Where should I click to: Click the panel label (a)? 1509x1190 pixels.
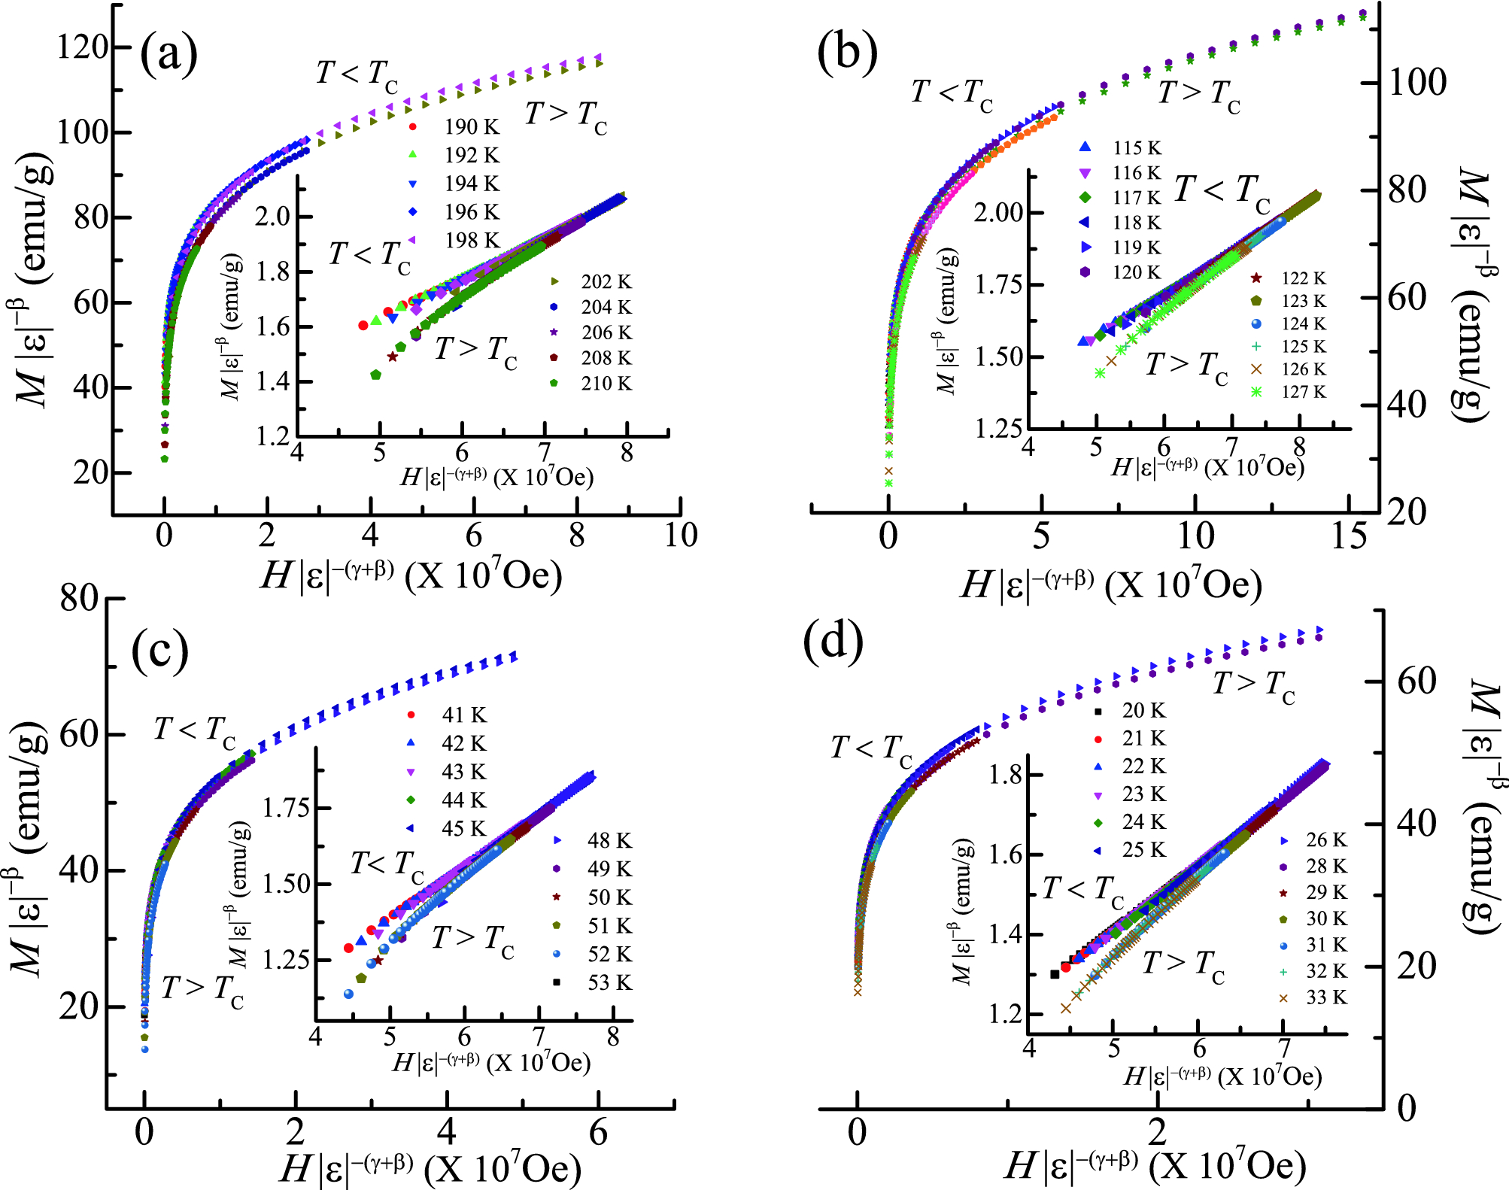click(169, 54)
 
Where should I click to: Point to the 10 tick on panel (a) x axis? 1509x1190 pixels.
click(680, 536)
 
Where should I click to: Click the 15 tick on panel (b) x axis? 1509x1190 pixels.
click(1348, 537)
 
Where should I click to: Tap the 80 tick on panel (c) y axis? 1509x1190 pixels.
click(79, 599)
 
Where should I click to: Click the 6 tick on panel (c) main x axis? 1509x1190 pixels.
click(598, 1133)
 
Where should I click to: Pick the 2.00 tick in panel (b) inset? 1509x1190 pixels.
click(998, 213)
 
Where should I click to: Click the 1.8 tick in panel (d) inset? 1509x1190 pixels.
click(1005, 775)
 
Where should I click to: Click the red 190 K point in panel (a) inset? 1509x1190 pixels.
click(363, 325)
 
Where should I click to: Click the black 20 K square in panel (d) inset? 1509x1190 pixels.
click(1055, 974)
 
